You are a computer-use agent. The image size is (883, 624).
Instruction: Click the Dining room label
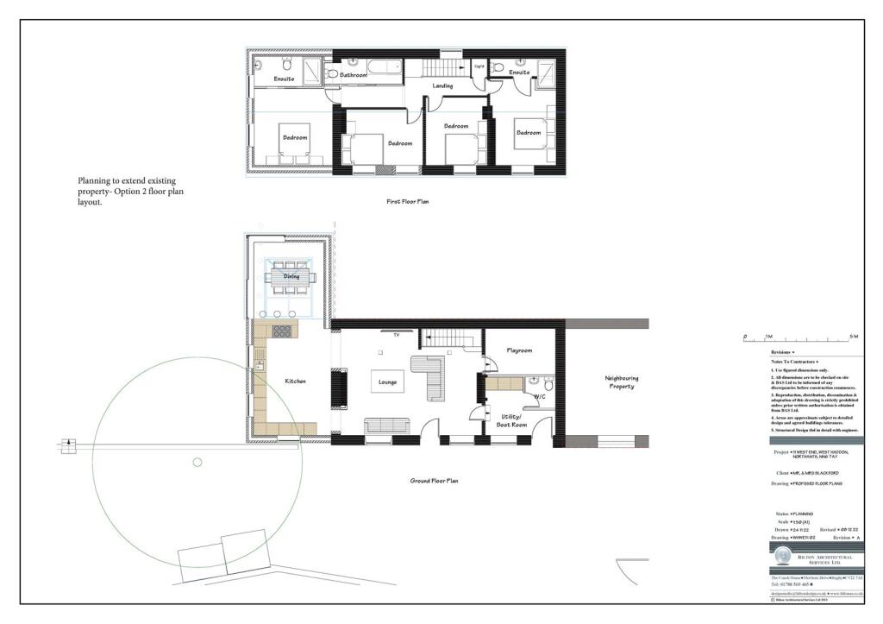pos(291,276)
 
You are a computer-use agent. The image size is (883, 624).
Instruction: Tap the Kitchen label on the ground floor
pos(297,381)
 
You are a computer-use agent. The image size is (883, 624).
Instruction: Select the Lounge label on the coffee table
pos(386,381)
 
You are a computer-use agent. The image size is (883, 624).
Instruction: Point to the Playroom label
pos(518,350)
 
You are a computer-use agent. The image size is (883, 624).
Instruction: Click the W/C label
pos(541,397)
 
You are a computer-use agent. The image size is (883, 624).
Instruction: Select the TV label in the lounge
pos(396,333)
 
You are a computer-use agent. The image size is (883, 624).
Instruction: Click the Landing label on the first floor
pos(442,85)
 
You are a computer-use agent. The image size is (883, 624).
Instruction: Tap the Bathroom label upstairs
pos(354,76)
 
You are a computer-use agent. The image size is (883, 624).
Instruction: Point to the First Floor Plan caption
pos(407,201)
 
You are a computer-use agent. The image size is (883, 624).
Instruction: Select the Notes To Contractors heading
pos(794,362)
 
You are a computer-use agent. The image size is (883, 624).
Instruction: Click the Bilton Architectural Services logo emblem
pos(782,556)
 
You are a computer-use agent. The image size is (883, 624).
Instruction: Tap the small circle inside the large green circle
pos(197,463)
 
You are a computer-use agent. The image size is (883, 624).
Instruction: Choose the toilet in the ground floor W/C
pos(535,381)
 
